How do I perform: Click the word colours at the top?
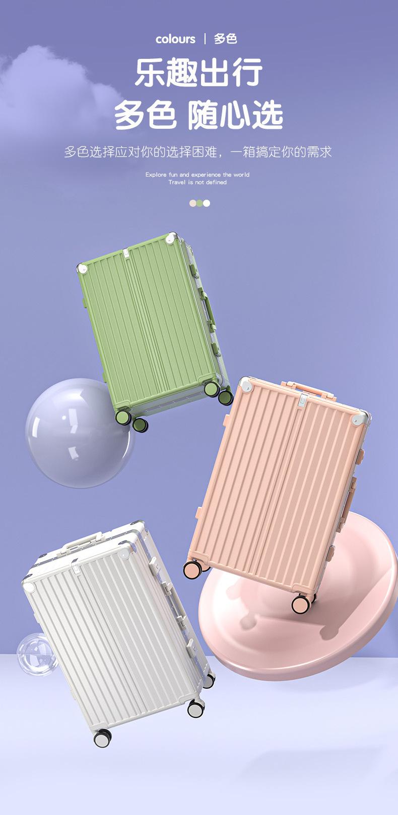(175, 39)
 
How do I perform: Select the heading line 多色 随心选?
(198, 115)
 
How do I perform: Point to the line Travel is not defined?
(197, 182)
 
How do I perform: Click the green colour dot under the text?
(200, 203)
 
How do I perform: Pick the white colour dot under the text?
(206, 203)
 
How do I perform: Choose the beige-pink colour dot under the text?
(192, 203)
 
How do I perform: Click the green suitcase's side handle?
(208, 309)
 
